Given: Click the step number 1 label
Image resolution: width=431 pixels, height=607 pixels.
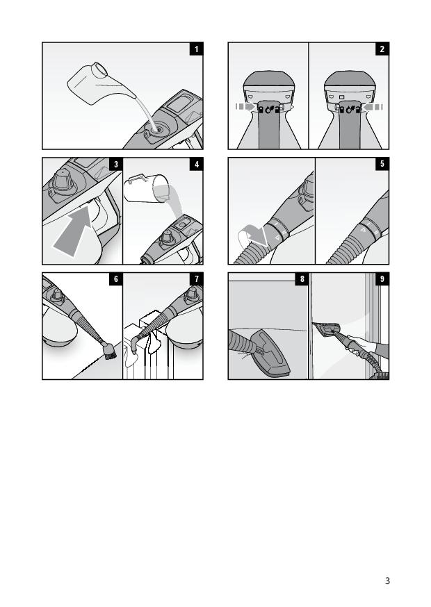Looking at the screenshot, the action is point(196,49).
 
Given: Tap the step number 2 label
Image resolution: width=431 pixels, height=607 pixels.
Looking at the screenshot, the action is point(382,49).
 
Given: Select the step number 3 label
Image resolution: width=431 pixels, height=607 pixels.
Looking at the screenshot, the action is point(115,165).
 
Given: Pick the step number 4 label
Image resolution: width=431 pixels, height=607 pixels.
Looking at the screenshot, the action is point(196,165).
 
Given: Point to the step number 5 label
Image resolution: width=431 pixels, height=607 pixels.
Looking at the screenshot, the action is point(382,165).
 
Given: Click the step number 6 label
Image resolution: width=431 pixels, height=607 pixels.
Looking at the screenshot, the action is point(115,279).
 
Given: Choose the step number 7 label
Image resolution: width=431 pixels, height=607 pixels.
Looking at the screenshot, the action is point(196,279).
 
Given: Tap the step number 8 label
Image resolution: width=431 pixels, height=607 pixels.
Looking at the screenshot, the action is point(302,279).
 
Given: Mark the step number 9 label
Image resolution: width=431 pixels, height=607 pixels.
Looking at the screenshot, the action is point(382,279).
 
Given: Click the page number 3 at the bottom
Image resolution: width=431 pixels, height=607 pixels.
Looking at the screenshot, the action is point(387,581).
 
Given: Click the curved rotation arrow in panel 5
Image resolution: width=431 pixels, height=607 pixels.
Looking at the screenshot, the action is point(251,236).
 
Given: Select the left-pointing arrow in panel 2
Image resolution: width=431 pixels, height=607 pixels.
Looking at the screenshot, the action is point(372,106).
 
